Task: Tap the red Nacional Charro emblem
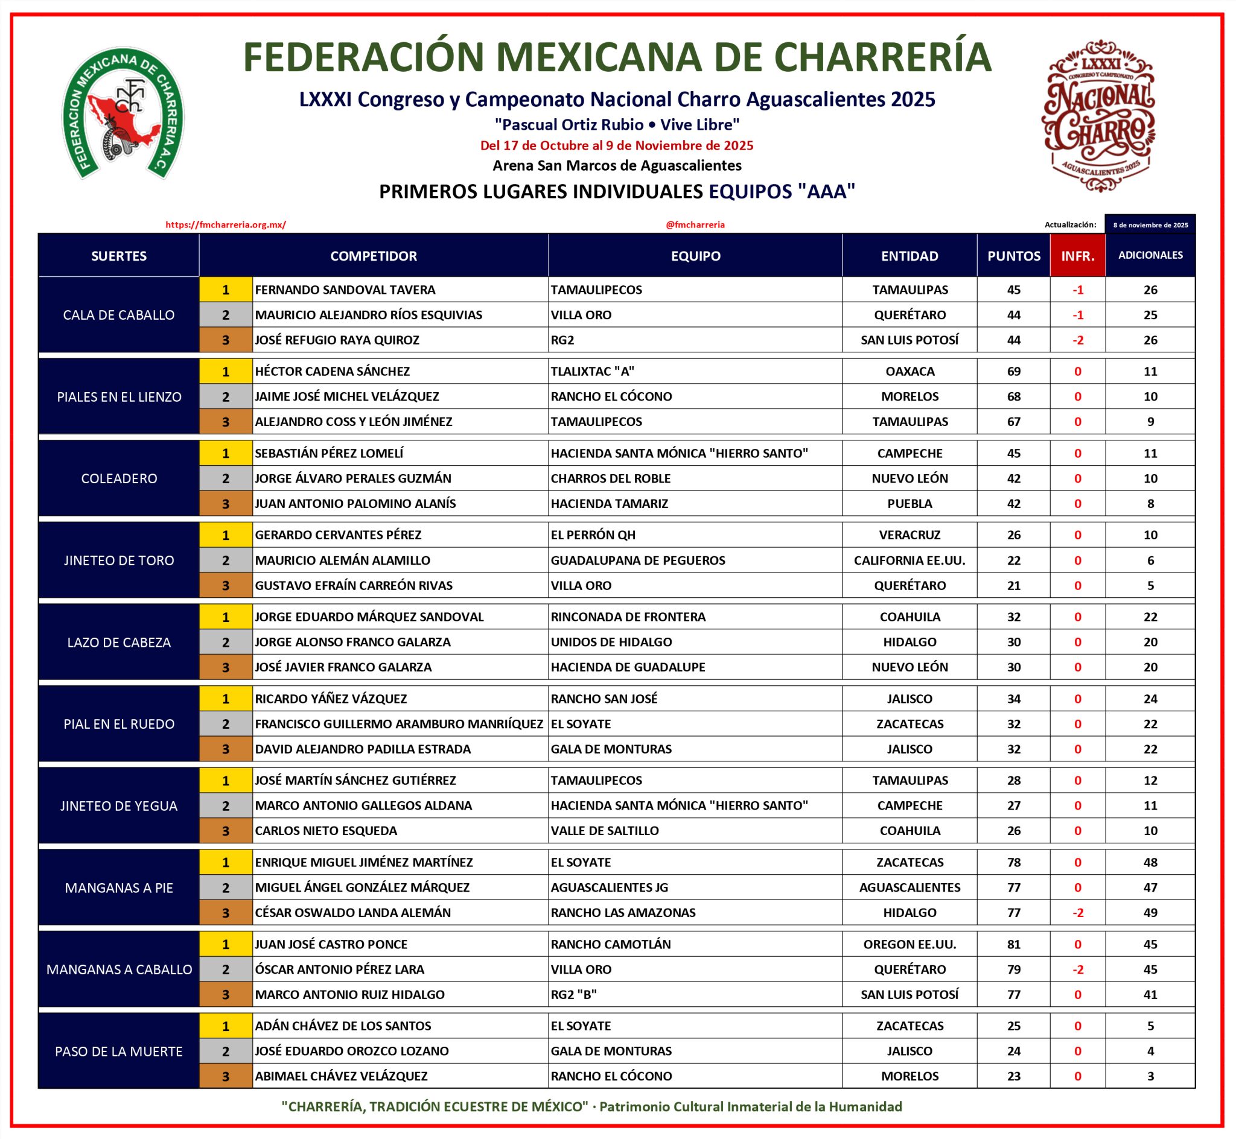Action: (1098, 115)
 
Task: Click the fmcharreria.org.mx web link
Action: (226, 225)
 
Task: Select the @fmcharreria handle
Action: (695, 225)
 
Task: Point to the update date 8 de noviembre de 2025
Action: (1150, 225)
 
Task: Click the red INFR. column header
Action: (1077, 256)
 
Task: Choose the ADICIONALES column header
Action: (1150, 255)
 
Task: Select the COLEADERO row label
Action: (119, 478)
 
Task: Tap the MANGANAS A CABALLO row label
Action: (119, 969)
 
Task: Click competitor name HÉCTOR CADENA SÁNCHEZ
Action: (333, 372)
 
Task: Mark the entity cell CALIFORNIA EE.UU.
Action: (909, 560)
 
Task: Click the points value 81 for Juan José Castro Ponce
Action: (1013, 944)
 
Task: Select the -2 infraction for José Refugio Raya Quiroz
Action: (1077, 340)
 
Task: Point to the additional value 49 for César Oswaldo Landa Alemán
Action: (1150, 913)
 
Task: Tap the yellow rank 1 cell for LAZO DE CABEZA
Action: (226, 617)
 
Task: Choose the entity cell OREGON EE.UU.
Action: (909, 944)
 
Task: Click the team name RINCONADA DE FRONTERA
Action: (628, 617)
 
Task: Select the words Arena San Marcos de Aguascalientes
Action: (617, 165)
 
